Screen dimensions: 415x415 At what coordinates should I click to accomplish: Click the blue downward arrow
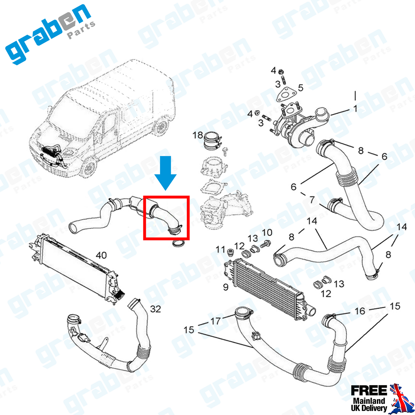(165, 172)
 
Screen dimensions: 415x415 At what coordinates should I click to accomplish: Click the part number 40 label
(101, 255)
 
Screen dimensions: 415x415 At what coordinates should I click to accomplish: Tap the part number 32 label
(155, 309)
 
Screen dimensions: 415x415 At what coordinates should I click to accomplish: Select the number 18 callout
(198, 135)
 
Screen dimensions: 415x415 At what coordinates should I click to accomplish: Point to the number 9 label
(226, 287)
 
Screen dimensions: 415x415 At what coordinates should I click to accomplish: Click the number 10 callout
(267, 232)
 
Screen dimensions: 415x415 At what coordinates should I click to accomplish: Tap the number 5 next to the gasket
(301, 88)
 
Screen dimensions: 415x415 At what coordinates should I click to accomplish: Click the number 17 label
(216, 321)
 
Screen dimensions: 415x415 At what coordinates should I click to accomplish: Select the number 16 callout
(360, 311)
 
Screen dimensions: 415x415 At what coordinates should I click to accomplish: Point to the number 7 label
(312, 200)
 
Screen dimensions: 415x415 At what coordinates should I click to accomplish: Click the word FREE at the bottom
(369, 390)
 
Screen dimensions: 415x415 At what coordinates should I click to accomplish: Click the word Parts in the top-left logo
(81, 30)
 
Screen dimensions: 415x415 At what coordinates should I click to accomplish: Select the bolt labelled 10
(265, 244)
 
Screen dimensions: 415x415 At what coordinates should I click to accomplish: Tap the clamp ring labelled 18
(212, 141)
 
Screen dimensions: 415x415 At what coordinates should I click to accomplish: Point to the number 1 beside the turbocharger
(356, 109)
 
